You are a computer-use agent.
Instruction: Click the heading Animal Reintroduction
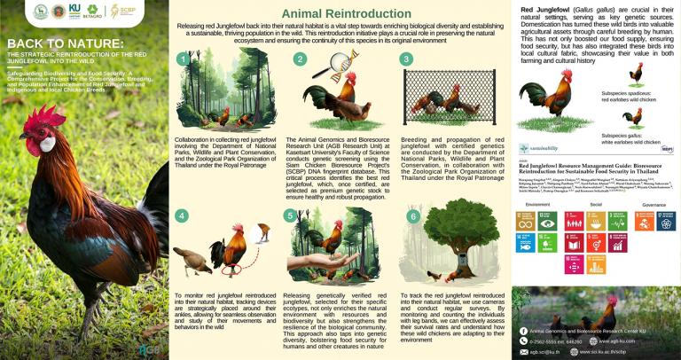tap(344, 14)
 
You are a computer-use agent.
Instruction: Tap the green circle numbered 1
tap(182, 59)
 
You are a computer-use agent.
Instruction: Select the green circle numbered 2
tap(300, 59)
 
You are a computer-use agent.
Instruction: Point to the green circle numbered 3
tap(407, 59)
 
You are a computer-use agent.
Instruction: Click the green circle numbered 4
tap(182, 215)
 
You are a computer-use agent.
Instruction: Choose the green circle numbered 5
tap(290, 215)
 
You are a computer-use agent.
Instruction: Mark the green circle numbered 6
tap(411, 216)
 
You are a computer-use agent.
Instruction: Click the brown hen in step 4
tap(195, 257)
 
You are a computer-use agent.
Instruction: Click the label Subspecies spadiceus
tap(630, 93)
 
